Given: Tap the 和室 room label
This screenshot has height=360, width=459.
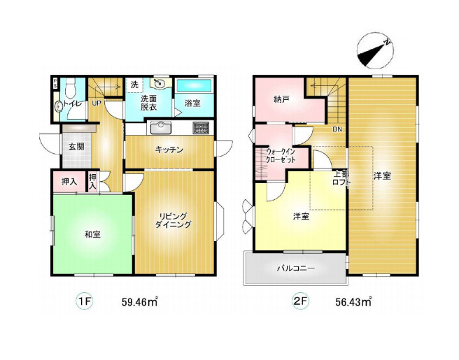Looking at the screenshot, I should [x=92, y=234].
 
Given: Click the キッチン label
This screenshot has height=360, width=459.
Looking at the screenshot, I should [x=169, y=149].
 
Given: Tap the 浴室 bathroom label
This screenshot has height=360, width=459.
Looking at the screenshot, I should [x=192, y=103].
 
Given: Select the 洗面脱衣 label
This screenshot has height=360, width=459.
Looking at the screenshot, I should [x=148, y=103].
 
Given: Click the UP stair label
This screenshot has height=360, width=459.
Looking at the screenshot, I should [x=96, y=103].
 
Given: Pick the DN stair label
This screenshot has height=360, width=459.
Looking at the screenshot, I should [x=337, y=129].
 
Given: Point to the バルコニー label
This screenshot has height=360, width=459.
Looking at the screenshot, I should [x=295, y=268].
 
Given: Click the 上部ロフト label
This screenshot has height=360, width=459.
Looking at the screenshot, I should [x=341, y=178].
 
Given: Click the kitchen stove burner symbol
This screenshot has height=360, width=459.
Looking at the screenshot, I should [x=201, y=128].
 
